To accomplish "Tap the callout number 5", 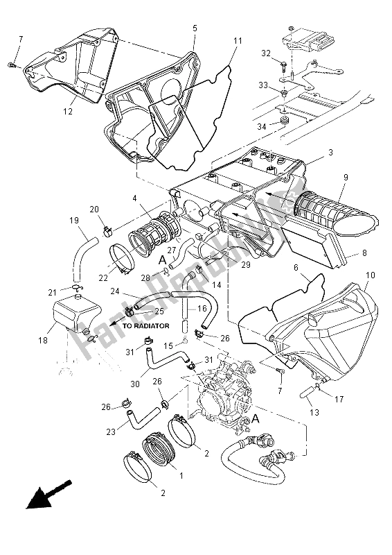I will pyautogui.click(x=195, y=28).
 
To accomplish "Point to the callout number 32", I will pyautogui.click(x=266, y=53).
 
